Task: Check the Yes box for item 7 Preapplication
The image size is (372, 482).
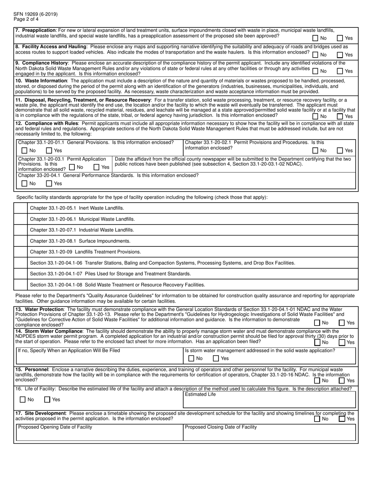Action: tap(340, 38)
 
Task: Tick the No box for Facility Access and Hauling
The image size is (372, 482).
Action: tap(316, 55)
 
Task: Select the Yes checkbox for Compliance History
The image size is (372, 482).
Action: tap(340, 71)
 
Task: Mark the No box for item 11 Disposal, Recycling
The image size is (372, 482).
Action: tap(316, 116)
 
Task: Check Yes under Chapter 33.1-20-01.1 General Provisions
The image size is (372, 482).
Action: tap(49, 150)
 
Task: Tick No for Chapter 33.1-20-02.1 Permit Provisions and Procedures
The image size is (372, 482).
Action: tap(316, 150)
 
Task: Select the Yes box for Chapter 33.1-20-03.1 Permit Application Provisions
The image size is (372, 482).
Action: tap(96, 167)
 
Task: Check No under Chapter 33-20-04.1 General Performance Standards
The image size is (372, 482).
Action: tap(24, 183)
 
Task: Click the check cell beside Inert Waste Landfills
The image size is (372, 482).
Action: tap(20, 208)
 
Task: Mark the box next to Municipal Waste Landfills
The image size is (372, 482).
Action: tap(20, 219)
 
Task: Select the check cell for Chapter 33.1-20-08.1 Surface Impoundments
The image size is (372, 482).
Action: tap(20, 241)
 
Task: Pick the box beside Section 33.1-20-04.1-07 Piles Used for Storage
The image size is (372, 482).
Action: tap(20, 274)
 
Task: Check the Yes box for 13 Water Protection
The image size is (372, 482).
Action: tap(341, 323)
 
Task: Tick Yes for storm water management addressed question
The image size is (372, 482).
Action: tap(216, 358)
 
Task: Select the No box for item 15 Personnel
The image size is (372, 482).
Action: tap(317, 381)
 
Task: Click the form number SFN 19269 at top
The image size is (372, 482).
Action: tap(35, 14)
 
